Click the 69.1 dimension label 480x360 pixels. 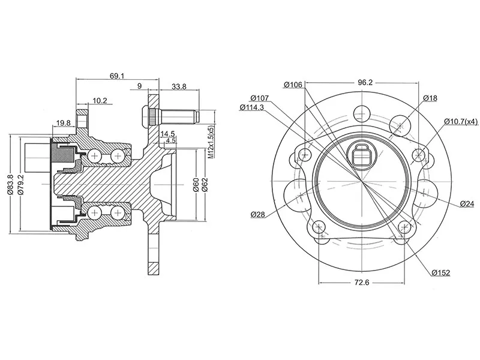[117, 76]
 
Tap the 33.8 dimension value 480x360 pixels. [179, 86]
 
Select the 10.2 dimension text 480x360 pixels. [100, 101]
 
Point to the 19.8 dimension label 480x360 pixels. [63, 123]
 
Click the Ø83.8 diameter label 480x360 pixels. [10, 184]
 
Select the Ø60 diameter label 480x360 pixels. [196, 184]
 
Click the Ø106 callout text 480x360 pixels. [293, 85]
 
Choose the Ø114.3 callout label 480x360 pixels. [252, 107]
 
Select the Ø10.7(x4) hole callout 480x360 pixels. [461, 121]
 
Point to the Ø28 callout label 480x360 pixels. [259, 214]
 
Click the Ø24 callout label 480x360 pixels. [467, 204]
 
